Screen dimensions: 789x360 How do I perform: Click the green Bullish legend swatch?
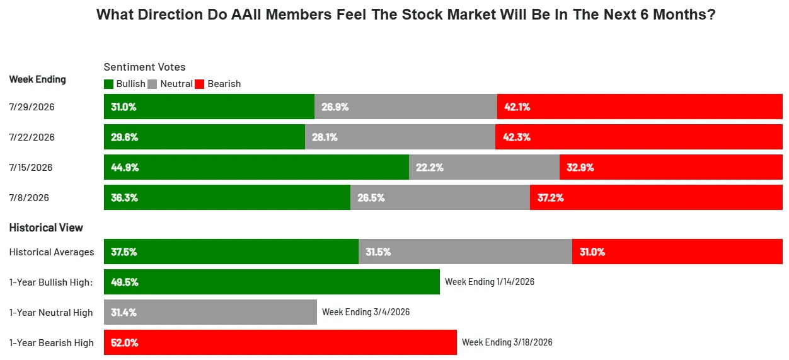pos(108,84)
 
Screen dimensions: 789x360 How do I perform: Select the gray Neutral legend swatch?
pos(152,84)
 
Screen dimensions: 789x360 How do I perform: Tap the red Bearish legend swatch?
pos(199,84)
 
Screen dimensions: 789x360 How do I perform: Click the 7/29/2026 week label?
pos(32,107)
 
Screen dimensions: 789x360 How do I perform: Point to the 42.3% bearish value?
pos(516,137)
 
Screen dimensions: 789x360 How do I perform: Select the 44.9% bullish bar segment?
pos(256,167)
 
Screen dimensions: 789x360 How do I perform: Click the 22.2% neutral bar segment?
pos(485,167)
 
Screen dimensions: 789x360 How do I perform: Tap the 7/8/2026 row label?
pos(29,197)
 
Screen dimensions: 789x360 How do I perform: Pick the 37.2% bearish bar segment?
pos(656,197)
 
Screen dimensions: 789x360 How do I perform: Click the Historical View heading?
pos(46,228)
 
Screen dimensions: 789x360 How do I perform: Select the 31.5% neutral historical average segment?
pos(465,252)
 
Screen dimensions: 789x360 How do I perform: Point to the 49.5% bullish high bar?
pos(272,282)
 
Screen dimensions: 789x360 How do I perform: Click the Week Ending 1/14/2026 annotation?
pos(490,282)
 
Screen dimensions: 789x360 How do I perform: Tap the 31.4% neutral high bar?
pos(210,312)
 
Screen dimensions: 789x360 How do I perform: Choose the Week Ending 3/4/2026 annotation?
pos(366,312)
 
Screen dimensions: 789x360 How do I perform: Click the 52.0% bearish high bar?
pos(280,342)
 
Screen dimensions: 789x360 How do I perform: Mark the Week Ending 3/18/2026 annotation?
pos(507,342)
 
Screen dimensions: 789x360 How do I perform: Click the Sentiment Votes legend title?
pos(144,67)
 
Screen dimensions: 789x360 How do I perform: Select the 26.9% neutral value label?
pos(335,107)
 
